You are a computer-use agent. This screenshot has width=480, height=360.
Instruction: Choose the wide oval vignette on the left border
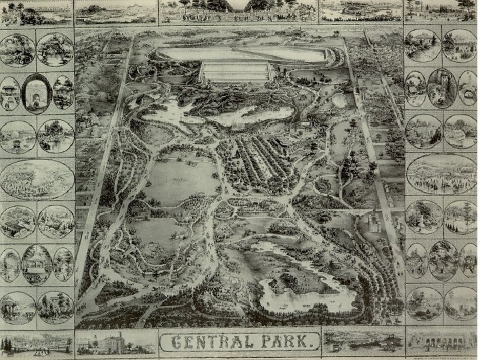[x=37, y=179]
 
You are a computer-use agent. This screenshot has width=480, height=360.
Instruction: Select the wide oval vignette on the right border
[x=441, y=174]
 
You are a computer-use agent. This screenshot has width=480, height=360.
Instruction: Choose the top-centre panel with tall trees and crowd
[x=238, y=10]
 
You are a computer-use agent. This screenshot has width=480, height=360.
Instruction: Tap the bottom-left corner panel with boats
[x=37, y=342]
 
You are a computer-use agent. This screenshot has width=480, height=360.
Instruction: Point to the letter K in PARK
[x=303, y=343]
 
